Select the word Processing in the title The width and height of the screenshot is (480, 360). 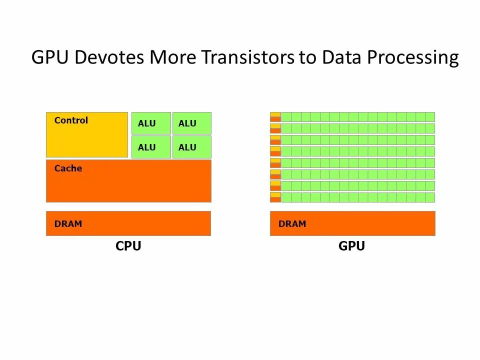(x=413, y=58)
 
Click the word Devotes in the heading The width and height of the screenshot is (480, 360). (x=110, y=58)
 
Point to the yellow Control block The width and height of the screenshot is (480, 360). (x=87, y=134)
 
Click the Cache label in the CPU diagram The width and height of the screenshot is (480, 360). (x=68, y=168)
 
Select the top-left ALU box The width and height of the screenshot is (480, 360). (x=151, y=123)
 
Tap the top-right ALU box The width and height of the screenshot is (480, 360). (x=191, y=123)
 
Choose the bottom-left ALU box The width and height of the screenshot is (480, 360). (x=151, y=147)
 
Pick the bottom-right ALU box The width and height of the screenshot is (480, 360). (x=191, y=147)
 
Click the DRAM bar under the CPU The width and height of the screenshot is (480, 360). (x=128, y=223)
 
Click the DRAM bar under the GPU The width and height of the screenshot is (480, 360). (x=352, y=223)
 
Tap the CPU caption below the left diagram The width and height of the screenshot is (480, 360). (x=128, y=246)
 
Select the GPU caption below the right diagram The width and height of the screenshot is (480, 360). (x=351, y=246)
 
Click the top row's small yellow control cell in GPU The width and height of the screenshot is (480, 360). (x=275, y=114)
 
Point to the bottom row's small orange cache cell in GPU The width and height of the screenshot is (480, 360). (x=275, y=200)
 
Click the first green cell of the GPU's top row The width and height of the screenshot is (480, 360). (x=286, y=117)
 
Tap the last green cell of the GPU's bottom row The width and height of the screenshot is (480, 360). (x=430, y=197)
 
